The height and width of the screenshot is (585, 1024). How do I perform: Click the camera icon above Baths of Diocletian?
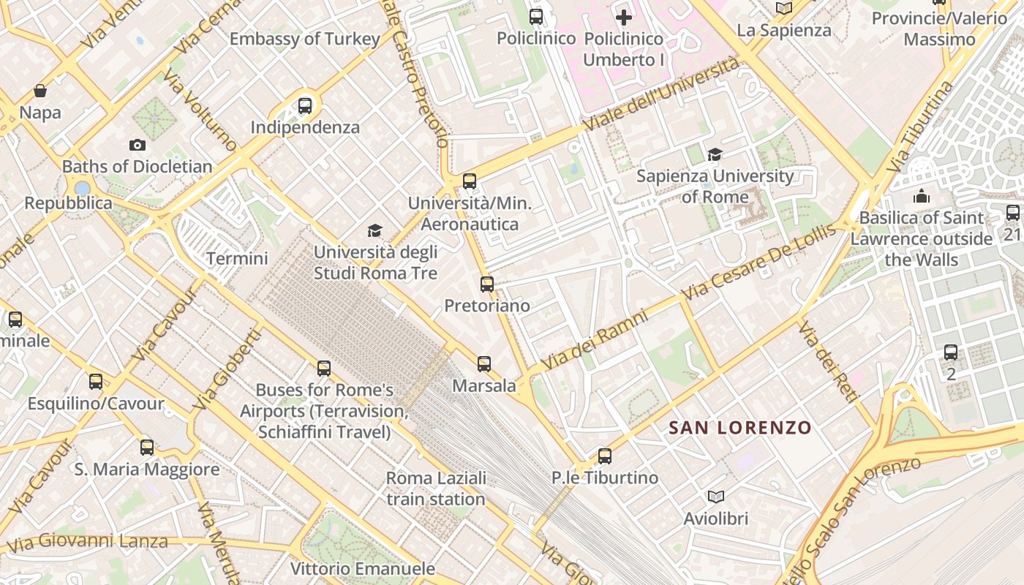pos(137,146)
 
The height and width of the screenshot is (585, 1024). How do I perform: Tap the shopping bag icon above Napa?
pos(40,91)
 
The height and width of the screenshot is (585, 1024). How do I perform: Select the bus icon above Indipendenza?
pos(305,106)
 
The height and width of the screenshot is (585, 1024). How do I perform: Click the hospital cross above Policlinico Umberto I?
pos(623,17)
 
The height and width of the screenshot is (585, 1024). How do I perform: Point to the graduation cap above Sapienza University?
pos(715,154)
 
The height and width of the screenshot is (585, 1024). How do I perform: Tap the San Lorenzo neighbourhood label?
pos(740,428)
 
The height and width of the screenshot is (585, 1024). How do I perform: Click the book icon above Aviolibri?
pos(716,497)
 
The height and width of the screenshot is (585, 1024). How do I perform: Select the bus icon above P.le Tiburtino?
pos(605,456)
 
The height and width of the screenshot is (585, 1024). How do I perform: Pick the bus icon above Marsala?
pos(483,364)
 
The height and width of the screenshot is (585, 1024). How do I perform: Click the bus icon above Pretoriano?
pos(487,284)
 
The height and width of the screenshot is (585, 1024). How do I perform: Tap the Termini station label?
pos(237,258)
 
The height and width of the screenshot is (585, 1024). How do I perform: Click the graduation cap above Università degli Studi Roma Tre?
pos(374,231)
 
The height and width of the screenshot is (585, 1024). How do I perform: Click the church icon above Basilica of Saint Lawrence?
pos(921,196)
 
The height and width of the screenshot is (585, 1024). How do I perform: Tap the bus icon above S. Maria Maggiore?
pos(147,448)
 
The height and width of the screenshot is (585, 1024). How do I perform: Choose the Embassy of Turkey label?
pos(305,39)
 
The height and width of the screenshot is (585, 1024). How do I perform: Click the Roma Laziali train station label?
pos(436,488)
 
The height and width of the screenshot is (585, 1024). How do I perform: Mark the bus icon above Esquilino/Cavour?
pos(96,382)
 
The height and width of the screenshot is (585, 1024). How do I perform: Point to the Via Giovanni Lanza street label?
pos(86,543)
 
